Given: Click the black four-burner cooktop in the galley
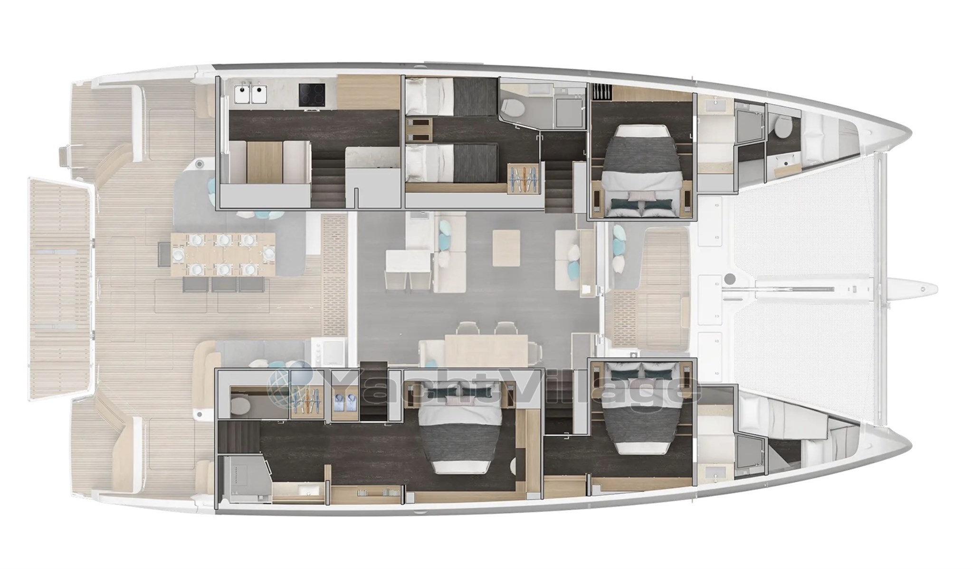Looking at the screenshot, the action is [312, 95].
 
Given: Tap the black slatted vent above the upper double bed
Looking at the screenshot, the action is [600, 91].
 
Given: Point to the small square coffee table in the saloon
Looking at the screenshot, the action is [507, 248].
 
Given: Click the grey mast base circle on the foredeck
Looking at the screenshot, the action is [731, 278].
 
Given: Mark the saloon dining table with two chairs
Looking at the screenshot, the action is [486, 352].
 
